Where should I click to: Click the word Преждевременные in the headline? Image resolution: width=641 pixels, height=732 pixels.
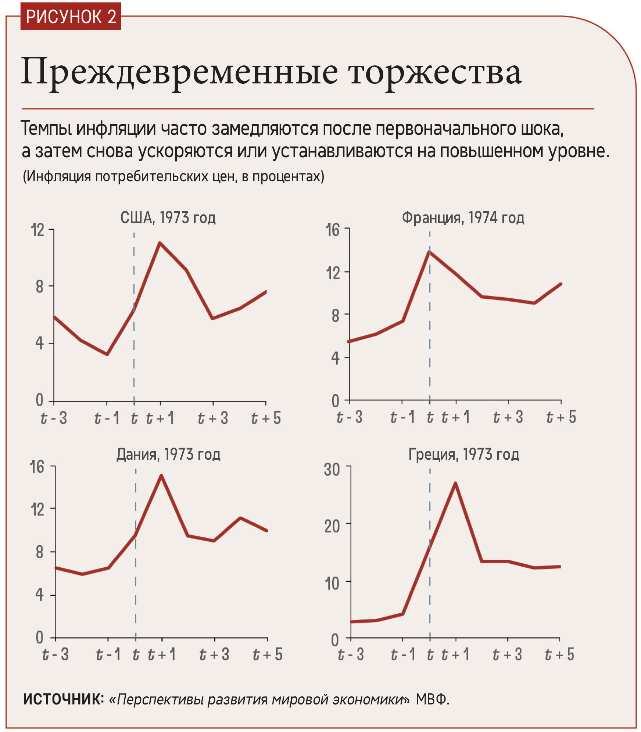[179, 72]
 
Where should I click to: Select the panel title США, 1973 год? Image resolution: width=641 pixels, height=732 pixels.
[168, 218]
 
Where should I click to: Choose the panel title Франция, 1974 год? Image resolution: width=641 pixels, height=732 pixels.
[463, 218]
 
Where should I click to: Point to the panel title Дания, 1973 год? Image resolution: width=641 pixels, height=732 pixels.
[168, 455]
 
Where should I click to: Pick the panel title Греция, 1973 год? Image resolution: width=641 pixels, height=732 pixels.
[464, 455]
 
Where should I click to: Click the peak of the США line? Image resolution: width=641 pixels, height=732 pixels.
[160, 243]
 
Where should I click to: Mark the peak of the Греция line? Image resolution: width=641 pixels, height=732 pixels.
[455, 483]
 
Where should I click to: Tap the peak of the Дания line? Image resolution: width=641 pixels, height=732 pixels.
[161, 476]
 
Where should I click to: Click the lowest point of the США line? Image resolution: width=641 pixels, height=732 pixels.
[107, 354]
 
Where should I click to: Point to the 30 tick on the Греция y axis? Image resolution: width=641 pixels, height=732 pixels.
[332, 470]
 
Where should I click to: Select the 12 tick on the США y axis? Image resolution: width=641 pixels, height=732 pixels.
[38, 230]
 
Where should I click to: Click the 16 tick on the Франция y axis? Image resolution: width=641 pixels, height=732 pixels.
[333, 230]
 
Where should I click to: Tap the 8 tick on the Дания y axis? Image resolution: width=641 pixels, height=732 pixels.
[39, 552]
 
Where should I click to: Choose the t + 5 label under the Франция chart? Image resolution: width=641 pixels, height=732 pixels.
[561, 417]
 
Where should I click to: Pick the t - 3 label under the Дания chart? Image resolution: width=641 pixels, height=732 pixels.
[55, 655]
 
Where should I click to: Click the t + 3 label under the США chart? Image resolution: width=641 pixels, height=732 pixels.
[213, 418]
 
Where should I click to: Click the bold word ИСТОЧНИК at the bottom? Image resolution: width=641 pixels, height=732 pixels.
[63, 699]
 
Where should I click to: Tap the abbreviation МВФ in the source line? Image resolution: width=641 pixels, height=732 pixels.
[432, 699]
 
